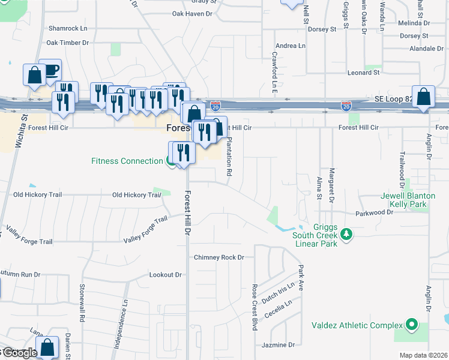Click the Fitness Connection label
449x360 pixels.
point(127,161)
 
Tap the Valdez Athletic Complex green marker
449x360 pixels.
point(411,325)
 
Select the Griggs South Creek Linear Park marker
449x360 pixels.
point(345,233)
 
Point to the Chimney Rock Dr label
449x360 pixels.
point(219,257)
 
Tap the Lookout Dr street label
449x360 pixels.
point(165,275)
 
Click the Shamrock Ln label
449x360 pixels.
point(68,28)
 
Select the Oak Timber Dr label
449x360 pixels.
point(67,43)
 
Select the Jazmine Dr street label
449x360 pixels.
point(279,345)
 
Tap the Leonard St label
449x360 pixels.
point(363,73)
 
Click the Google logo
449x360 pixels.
point(18,353)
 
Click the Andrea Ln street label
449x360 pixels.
point(291,46)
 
